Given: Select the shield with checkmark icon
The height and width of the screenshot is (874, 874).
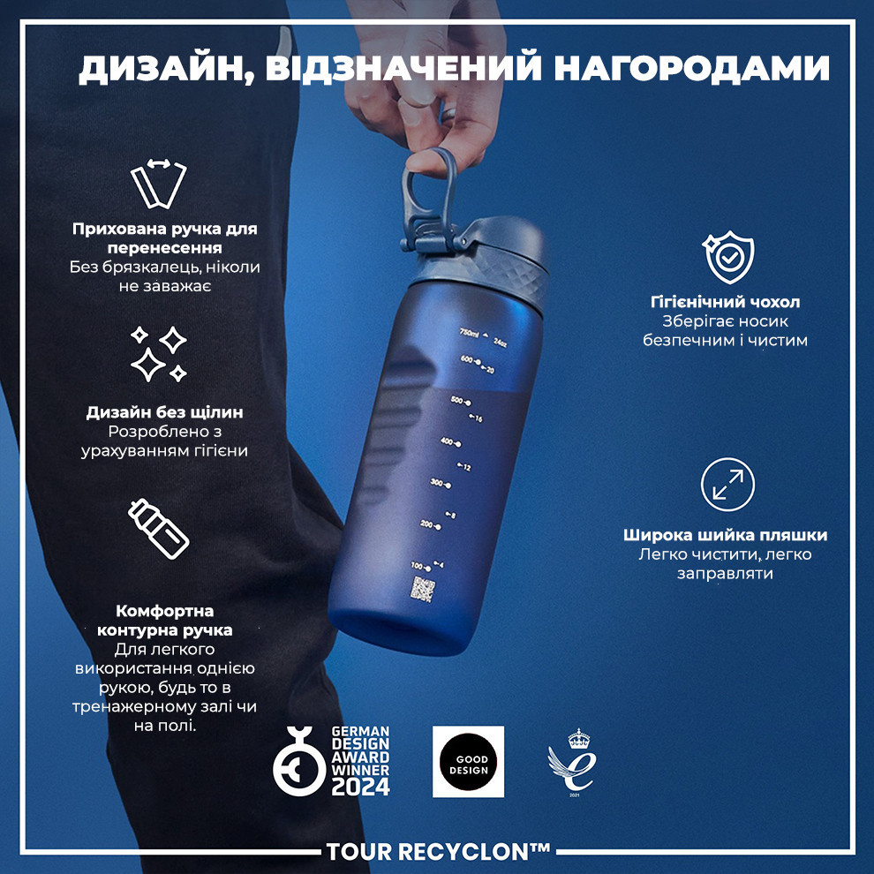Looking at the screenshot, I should coord(727,256).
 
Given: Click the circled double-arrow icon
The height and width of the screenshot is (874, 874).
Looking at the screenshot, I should coord(727,485).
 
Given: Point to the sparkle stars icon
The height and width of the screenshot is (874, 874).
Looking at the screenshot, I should coord(158,354).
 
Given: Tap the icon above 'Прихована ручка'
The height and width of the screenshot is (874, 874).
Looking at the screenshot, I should coord(159,184).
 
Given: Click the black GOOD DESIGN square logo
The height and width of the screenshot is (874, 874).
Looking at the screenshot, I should coord(468,761).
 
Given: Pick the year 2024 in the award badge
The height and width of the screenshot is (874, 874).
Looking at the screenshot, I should coord(360,787).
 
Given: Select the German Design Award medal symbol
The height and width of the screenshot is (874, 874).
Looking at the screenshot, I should coord(298,760).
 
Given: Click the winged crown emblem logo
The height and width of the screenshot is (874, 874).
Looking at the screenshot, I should coord(569,760).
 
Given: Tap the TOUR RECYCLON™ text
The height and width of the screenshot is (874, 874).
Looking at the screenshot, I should coord(438,852).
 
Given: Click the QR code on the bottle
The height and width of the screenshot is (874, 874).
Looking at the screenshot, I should coord(425,589).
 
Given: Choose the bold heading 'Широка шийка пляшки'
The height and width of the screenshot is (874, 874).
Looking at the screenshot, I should coord(725,535).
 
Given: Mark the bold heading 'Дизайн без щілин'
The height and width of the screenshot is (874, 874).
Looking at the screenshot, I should coord(165,412).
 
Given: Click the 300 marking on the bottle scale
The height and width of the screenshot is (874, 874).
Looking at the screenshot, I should coord(439,483).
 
